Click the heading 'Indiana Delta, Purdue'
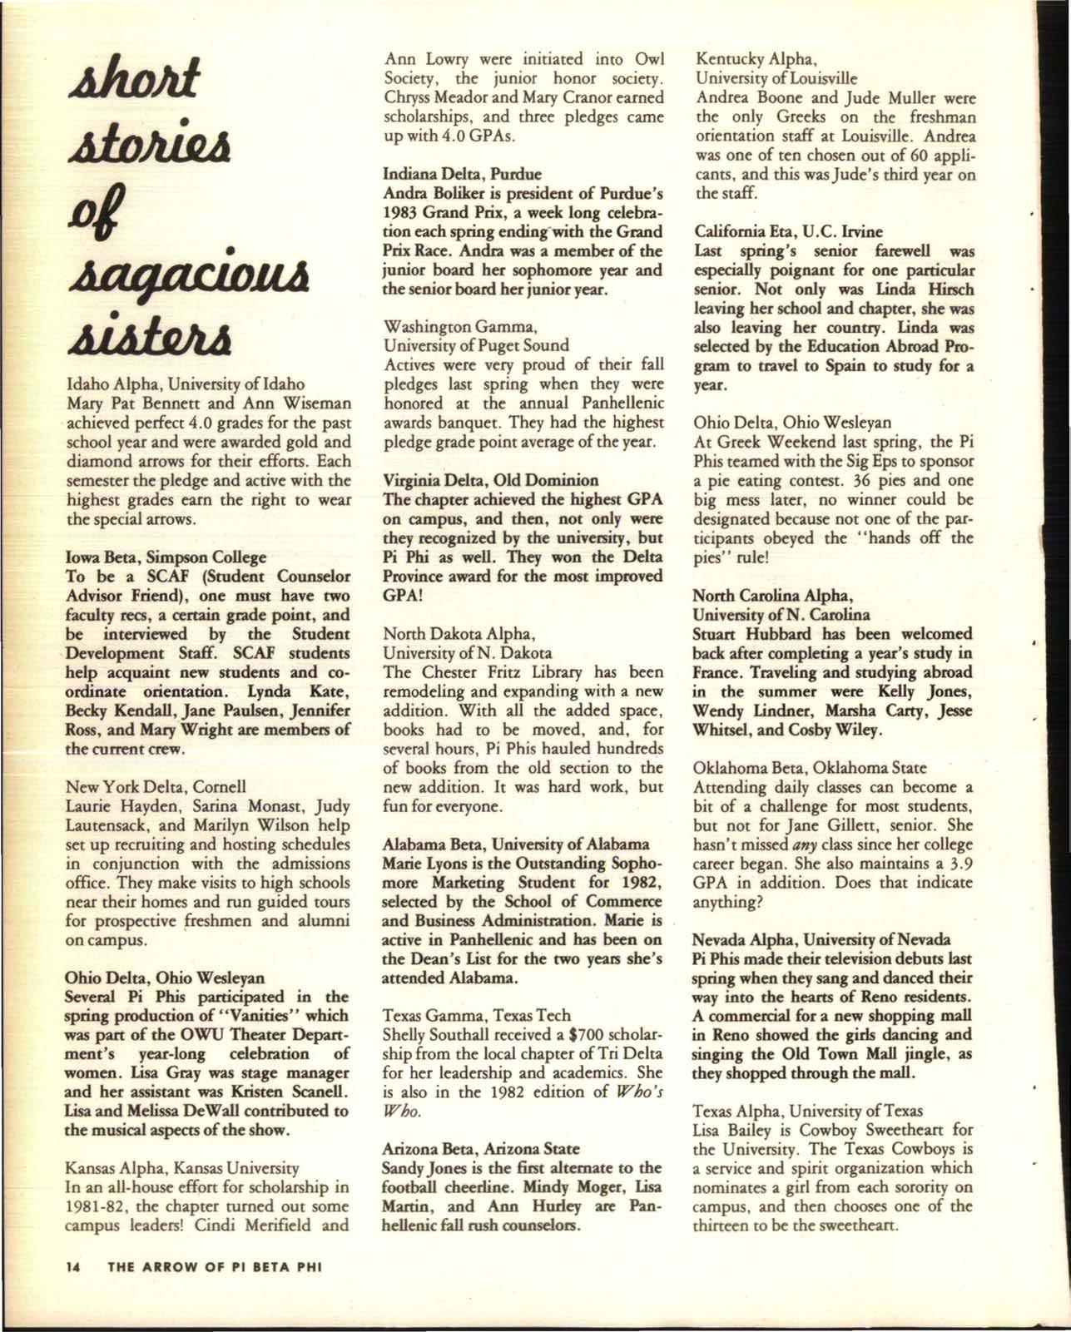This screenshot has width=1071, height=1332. click(461, 175)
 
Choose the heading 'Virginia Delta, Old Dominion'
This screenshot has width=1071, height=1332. click(490, 480)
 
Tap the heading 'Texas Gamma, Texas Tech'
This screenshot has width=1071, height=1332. click(476, 1015)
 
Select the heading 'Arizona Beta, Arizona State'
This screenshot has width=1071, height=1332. click(480, 1148)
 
